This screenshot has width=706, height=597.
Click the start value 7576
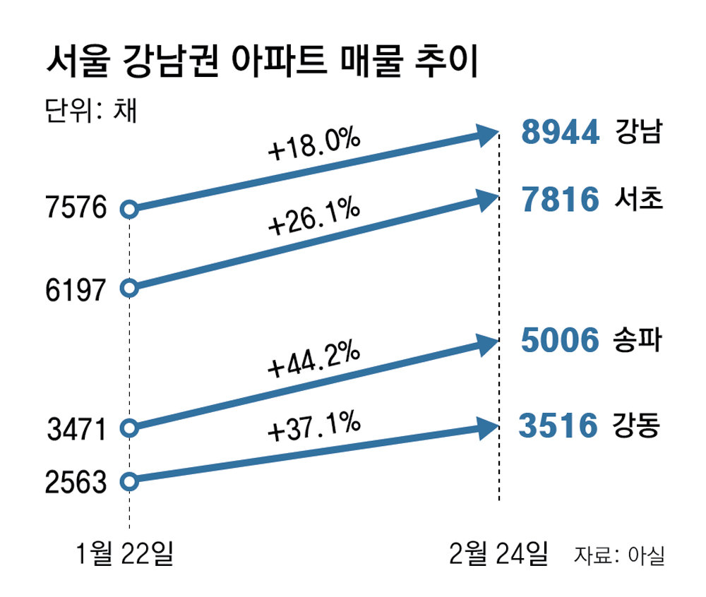point(75,209)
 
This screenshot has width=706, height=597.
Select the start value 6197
point(75,289)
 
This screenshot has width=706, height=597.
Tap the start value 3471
point(76,428)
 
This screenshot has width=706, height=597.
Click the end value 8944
point(561,132)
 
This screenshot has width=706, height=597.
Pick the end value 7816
point(561,200)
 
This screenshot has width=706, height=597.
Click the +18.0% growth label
point(314,147)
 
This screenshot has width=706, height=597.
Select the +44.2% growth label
point(314,360)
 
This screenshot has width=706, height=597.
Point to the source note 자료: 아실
point(619,557)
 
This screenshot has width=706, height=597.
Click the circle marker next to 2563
point(128,482)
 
